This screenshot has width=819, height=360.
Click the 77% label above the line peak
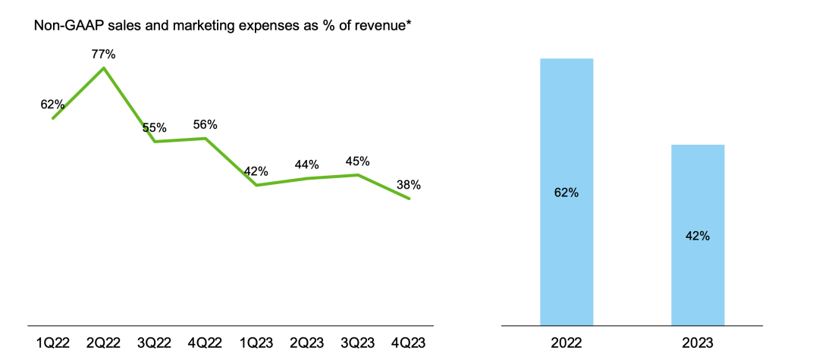(x=103, y=55)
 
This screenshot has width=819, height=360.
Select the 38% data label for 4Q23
(x=408, y=185)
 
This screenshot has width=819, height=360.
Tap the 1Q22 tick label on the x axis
(x=52, y=343)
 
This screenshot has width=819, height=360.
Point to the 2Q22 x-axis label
(x=103, y=343)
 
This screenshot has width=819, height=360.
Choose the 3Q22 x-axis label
(x=155, y=343)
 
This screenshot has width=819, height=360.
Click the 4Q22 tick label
(x=206, y=343)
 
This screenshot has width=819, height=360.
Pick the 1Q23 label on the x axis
(x=256, y=343)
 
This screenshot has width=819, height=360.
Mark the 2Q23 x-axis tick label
(x=307, y=343)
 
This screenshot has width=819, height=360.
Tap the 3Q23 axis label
(x=358, y=343)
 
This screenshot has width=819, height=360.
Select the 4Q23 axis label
(x=409, y=343)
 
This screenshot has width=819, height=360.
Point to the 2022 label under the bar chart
(x=566, y=343)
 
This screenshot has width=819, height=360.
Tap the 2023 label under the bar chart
(x=698, y=343)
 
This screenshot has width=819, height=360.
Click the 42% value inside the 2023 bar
(x=698, y=236)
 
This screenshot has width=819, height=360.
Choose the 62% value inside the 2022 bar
(x=566, y=193)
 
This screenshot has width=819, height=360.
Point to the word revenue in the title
(x=372, y=27)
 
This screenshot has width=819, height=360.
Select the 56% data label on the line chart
(x=206, y=125)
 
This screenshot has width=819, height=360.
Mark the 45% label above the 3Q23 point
(x=357, y=161)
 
